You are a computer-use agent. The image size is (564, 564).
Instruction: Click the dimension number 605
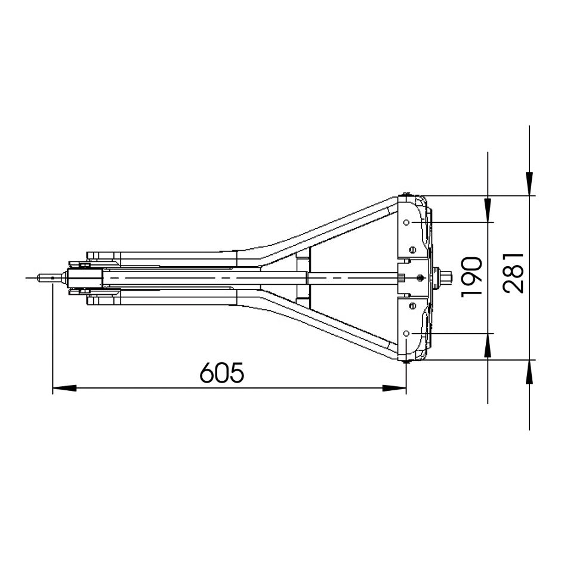222,373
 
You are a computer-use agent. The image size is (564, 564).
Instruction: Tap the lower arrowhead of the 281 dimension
529,372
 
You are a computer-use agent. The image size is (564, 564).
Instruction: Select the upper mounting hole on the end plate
406,222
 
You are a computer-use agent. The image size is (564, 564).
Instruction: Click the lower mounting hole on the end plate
406,332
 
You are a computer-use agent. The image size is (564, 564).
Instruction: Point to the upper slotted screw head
412,249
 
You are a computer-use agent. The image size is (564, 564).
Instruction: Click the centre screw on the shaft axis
421,278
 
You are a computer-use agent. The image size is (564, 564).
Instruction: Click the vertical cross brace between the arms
303,278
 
